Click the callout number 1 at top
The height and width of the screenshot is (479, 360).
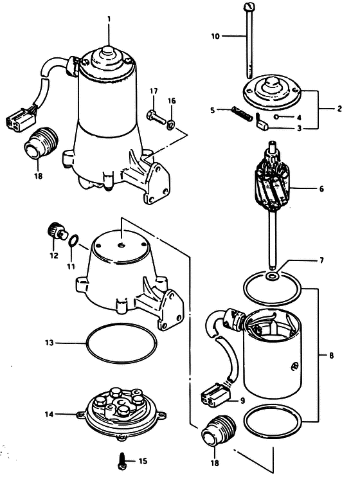pos(109,20)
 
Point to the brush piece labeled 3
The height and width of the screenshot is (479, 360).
pos(262,123)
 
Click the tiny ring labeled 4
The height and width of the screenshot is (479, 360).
pos(276,116)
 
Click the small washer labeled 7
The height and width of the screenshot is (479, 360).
pos(272,276)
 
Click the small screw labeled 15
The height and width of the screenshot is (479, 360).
pos(122,460)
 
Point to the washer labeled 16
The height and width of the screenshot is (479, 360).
pos(171,123)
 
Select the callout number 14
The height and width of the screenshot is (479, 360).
pos(49,414)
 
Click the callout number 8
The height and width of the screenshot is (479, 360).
pos(331,356)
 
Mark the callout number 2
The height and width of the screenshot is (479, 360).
pos(339,109)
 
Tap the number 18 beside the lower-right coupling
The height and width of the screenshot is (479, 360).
pos(215,463)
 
